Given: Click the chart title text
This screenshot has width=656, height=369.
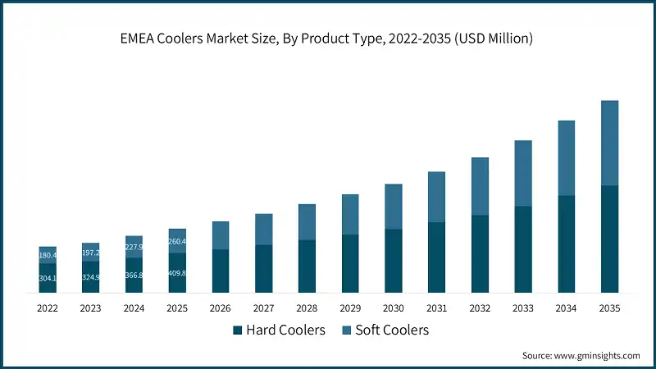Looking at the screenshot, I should pyautogui.click(x=328, y=39).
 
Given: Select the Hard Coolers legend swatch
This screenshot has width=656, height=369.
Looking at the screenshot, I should pyautogui.click(x=238, y=330).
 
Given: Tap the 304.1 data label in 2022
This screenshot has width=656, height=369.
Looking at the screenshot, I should pyautogui.click(x=48, y=278).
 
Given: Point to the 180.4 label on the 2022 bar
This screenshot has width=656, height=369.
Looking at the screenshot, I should pyautogui.click(x=48, y=255).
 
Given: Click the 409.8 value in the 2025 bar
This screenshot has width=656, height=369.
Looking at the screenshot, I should pyautogui.click(x=177, y=273).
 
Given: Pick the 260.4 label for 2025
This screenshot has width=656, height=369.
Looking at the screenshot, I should pyautogui.click(x=177, y=241).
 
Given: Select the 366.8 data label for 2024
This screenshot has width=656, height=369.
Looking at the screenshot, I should pyautogui.click(x=134, y=276).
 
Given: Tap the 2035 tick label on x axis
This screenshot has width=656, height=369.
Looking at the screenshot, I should pyautogui.click(x=609, y=308).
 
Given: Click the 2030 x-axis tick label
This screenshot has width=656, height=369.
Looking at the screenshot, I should pyautogui.click(x=394, y=308).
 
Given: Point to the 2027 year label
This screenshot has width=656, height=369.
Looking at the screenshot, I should pyautogui.click(x=263, y=308).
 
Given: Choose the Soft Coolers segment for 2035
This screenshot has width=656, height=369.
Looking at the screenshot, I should pyautogui.click(x=609, y=143).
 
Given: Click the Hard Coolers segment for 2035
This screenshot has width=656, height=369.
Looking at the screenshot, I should pyautogui.click(x=609, y=239).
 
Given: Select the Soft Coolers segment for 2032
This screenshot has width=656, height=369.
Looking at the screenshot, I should pyautogui.click(x=480, y=186).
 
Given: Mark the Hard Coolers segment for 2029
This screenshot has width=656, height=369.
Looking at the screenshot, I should pyautogui.click(x=350, y=264).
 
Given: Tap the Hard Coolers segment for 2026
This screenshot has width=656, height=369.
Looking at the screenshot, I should pyautogui.click(x=221, y=271).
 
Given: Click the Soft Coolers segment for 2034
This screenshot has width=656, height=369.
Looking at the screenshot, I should pyautogui.click(x=566, y=158).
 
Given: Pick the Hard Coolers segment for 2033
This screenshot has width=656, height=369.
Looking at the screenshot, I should pyautogui.click(x=523, y=249).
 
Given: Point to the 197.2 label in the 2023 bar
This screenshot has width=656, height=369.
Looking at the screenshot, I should pyautogui.click(x=90, y=253).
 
